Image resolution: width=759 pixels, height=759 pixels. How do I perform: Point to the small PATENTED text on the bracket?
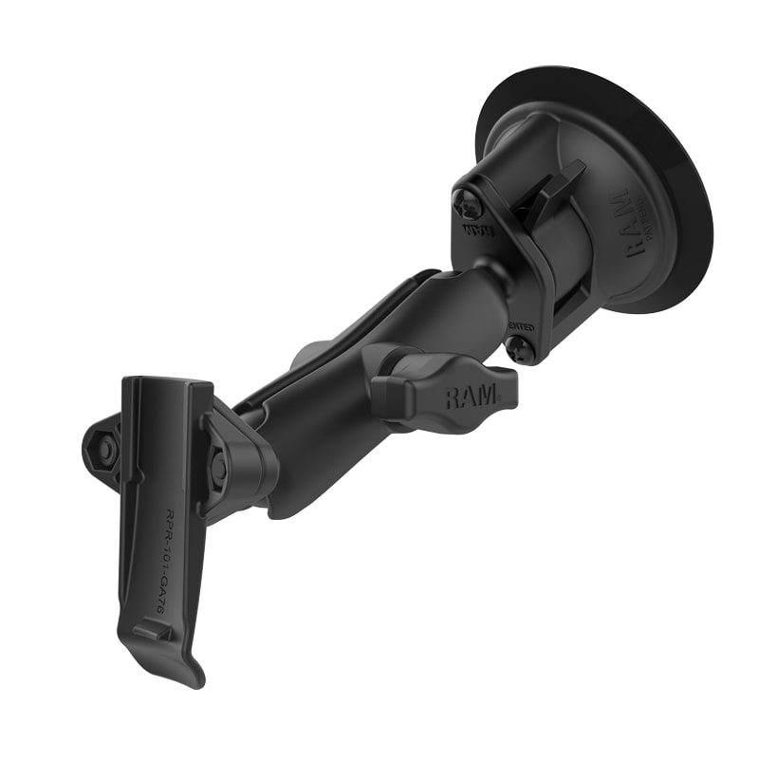pyautogui.click(x=520, y=326)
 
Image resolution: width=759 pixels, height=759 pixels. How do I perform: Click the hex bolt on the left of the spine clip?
pyautogui.click(x=105, y=449)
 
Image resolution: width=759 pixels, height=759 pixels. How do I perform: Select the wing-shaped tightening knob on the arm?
pyautogui.click(x=446, y=389)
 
